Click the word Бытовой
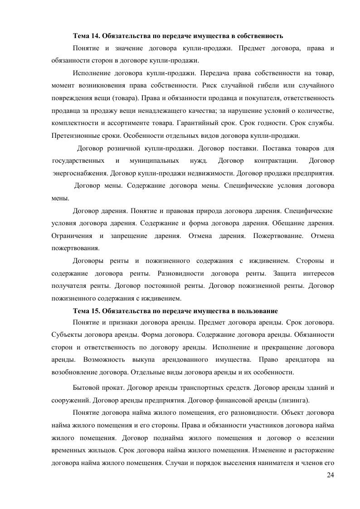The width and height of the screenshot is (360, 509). pos(86,388)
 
